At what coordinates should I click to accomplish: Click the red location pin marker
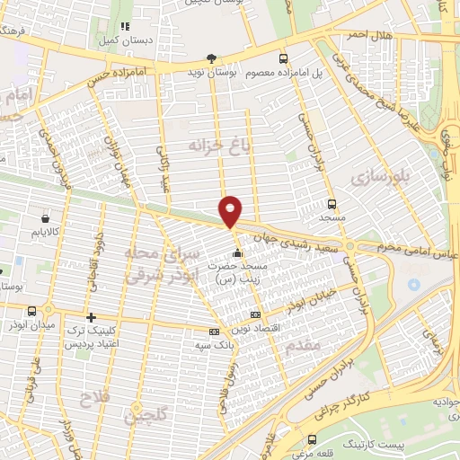point(231,210)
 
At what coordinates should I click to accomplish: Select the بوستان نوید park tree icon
point(211,58)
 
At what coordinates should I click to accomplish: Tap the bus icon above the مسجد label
point(332,204)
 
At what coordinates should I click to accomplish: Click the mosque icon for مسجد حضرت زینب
point(236,253)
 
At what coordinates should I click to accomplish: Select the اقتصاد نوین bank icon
point(256,314)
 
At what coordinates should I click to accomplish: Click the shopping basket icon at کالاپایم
point(45,217)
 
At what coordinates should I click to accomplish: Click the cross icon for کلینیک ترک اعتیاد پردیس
point(91,317)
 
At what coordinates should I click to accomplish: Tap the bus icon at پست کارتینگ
point(312,439)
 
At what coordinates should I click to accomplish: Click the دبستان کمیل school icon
point(125,27)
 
